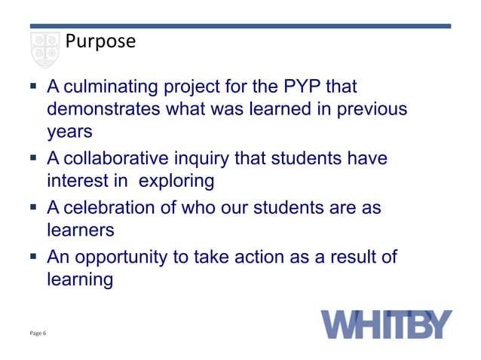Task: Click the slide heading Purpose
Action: pyautogui.click(x=100, y=41)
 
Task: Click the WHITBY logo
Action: pyautogui.click(x=388, y=324)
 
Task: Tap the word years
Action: pyautogui.click(x=69, y=131)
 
